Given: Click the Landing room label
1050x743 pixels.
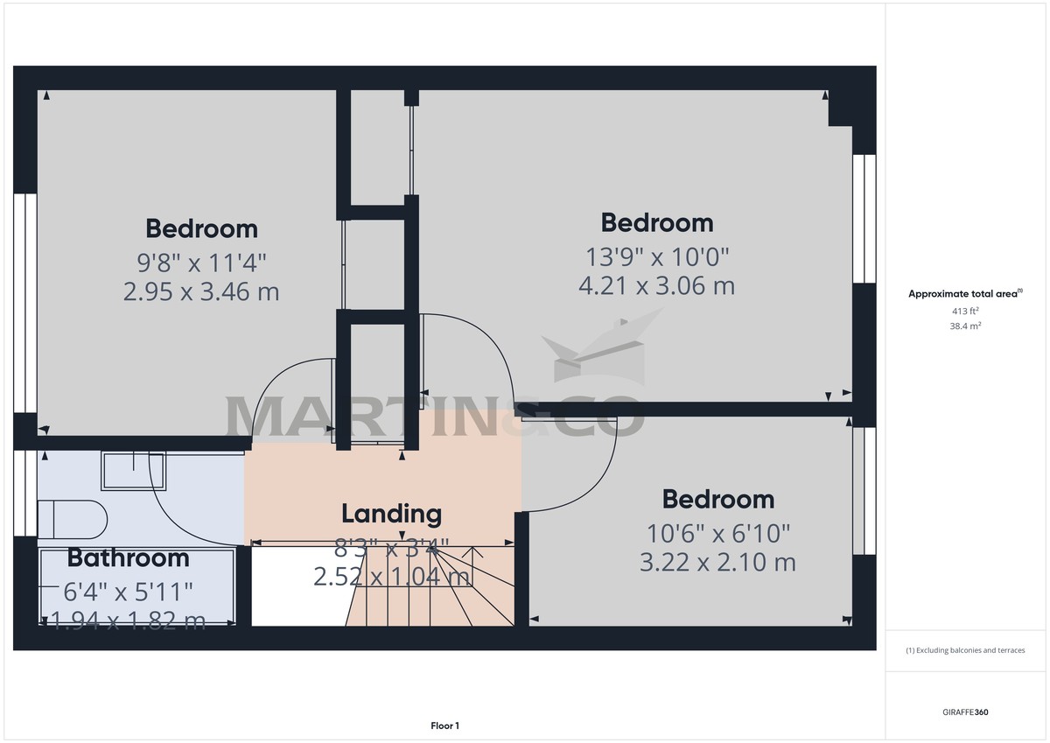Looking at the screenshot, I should click(x=391, y=514).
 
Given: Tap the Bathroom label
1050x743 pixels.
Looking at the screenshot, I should click(x=128, y=557).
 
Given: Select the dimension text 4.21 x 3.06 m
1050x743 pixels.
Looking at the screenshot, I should click(x=656, y=285).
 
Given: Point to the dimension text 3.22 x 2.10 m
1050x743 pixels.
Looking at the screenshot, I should click(x=717, y=562).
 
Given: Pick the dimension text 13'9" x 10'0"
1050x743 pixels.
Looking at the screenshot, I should click(x=656, y=256).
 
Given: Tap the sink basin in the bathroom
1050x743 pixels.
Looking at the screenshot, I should click(x=133, y=471).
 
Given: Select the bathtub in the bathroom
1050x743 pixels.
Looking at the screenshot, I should click(x=137, y=585).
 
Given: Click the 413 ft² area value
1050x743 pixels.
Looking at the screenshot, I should click(x=965, y=311).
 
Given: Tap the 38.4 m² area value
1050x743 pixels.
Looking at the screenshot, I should click(x=965, y=326).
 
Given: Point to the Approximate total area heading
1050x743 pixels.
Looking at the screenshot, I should click(x=965, y=294).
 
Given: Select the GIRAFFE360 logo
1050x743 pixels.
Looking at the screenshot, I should click(x=965, y=712).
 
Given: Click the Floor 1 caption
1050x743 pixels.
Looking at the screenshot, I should click(x=444, y=725).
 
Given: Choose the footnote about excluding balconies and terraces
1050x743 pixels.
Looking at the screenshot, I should click(x=965, y=650).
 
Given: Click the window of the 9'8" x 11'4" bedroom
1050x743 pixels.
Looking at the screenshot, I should click(x=25, y=302).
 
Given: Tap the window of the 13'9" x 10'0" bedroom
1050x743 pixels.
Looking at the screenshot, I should click(x=864, y=219).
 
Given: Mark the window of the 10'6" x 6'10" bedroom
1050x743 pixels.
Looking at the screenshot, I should click(x=860, y=490).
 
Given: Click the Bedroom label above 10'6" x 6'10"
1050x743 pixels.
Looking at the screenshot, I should click(x=717, y=500).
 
